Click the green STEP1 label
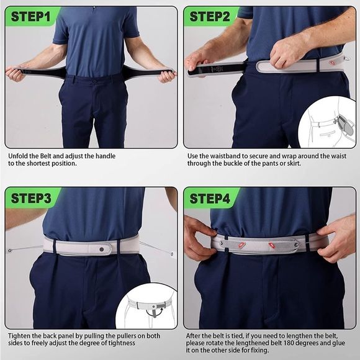pyautogui.click(x=31, y=16)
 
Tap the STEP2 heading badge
pyautogui.click(x=210, y=16)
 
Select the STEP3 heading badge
pyautogui.click(x=31, y=199)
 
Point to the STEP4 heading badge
pyautogui.click(x=210, y=199)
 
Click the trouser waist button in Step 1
pyautogui.click(x=94, y=81)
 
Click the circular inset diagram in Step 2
pyautogui.click(x=327, y=122)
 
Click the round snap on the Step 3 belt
pyautogui.click(x=101, y=249)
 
